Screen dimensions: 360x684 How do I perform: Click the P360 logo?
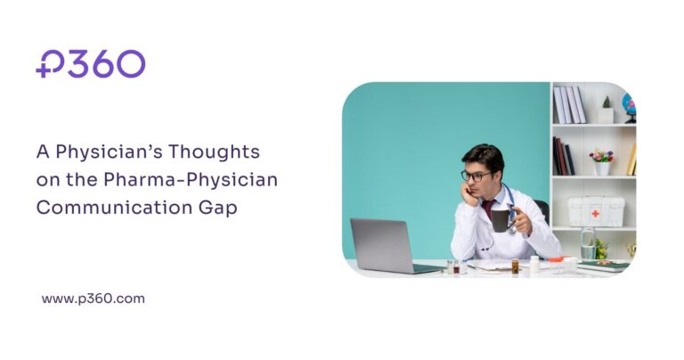pyautogui.click(x=90, y=64)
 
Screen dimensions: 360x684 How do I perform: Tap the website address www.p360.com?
pyautogui.click(x=93, y=299)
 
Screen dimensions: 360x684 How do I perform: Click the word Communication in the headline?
pyautogui.click(x=98, y=206)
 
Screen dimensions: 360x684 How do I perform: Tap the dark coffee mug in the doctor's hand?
pyautogui.click(x=501, y=220)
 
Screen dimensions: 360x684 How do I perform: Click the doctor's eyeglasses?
pyautogui.click(x=476, y=176)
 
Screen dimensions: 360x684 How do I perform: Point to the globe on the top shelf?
pyautogui.click(x=629, y=103)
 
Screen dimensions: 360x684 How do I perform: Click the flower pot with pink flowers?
pyautogui.click(x=602, y=161)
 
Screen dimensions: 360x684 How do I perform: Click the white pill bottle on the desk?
pyautogui.click(x=534, y=264)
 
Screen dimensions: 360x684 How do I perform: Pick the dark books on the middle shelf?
pyautogui.click(x=564, y=157)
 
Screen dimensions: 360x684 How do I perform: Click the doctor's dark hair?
pyautogui.click(x=482, y=156)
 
